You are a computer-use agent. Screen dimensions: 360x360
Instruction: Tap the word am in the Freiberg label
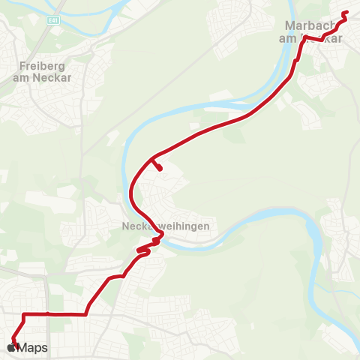tap(20, 76)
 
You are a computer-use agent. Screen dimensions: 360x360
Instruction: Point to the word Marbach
tap(308, 26)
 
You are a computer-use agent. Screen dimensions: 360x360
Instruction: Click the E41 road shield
tap(52, 20)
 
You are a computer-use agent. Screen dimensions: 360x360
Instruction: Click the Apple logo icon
tap(11, 347)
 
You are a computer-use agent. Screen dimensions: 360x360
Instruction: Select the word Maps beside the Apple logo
tap(33, 348)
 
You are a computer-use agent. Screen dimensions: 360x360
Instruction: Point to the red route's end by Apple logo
tap(15, 343)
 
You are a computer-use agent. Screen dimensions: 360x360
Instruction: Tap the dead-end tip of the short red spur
tap(161, 169)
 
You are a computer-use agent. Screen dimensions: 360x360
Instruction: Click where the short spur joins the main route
tap(153, 158)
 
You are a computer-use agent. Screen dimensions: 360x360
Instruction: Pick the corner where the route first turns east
tap(24, 314)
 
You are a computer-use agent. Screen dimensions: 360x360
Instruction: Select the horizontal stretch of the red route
tap(56, 314)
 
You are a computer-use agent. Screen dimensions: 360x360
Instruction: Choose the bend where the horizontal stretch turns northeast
tap(86, 313)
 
